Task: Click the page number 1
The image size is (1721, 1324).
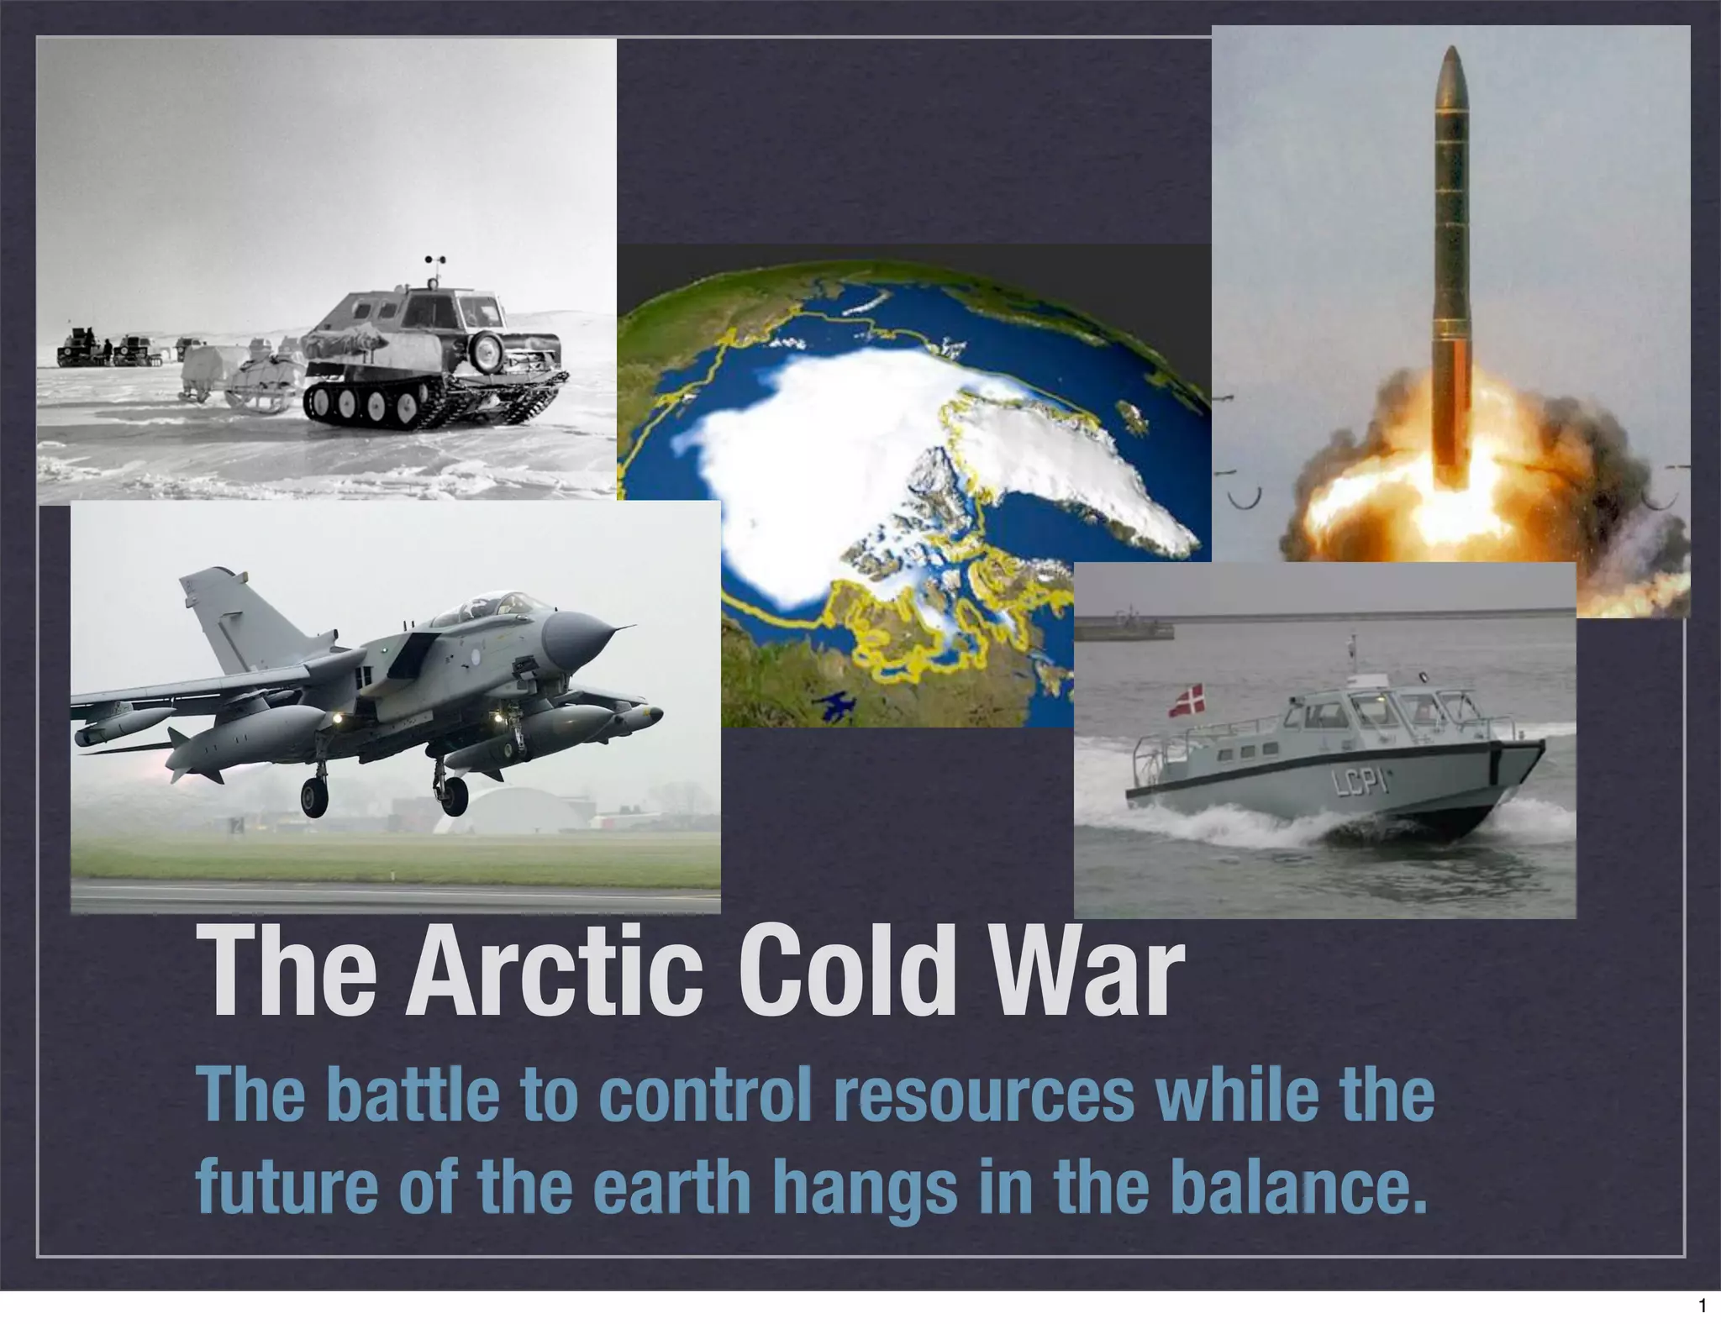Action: (1702, 1306)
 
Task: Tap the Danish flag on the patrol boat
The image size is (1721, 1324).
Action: (1186, 701)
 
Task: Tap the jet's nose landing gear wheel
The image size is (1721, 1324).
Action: (453, 795)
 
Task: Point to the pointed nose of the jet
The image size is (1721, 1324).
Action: (626, 627)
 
